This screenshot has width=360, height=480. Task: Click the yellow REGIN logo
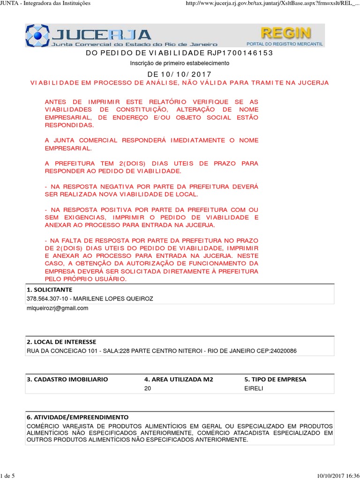285,33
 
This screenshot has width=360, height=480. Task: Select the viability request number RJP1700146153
240,52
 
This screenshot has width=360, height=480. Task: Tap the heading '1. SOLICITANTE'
49,290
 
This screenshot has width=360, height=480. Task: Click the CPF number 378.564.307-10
46,299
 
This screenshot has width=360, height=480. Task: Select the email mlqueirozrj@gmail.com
57,308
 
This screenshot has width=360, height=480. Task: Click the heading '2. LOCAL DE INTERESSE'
61,342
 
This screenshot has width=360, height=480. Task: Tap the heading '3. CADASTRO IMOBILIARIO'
67,379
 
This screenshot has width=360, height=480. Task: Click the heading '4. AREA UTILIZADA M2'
179,379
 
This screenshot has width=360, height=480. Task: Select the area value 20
148,389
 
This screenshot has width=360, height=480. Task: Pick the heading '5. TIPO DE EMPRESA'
275,379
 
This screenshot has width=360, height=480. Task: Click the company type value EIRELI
254,389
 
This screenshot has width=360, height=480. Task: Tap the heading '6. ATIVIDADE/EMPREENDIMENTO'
77,417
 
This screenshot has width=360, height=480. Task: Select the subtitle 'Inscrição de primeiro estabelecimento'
180,63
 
